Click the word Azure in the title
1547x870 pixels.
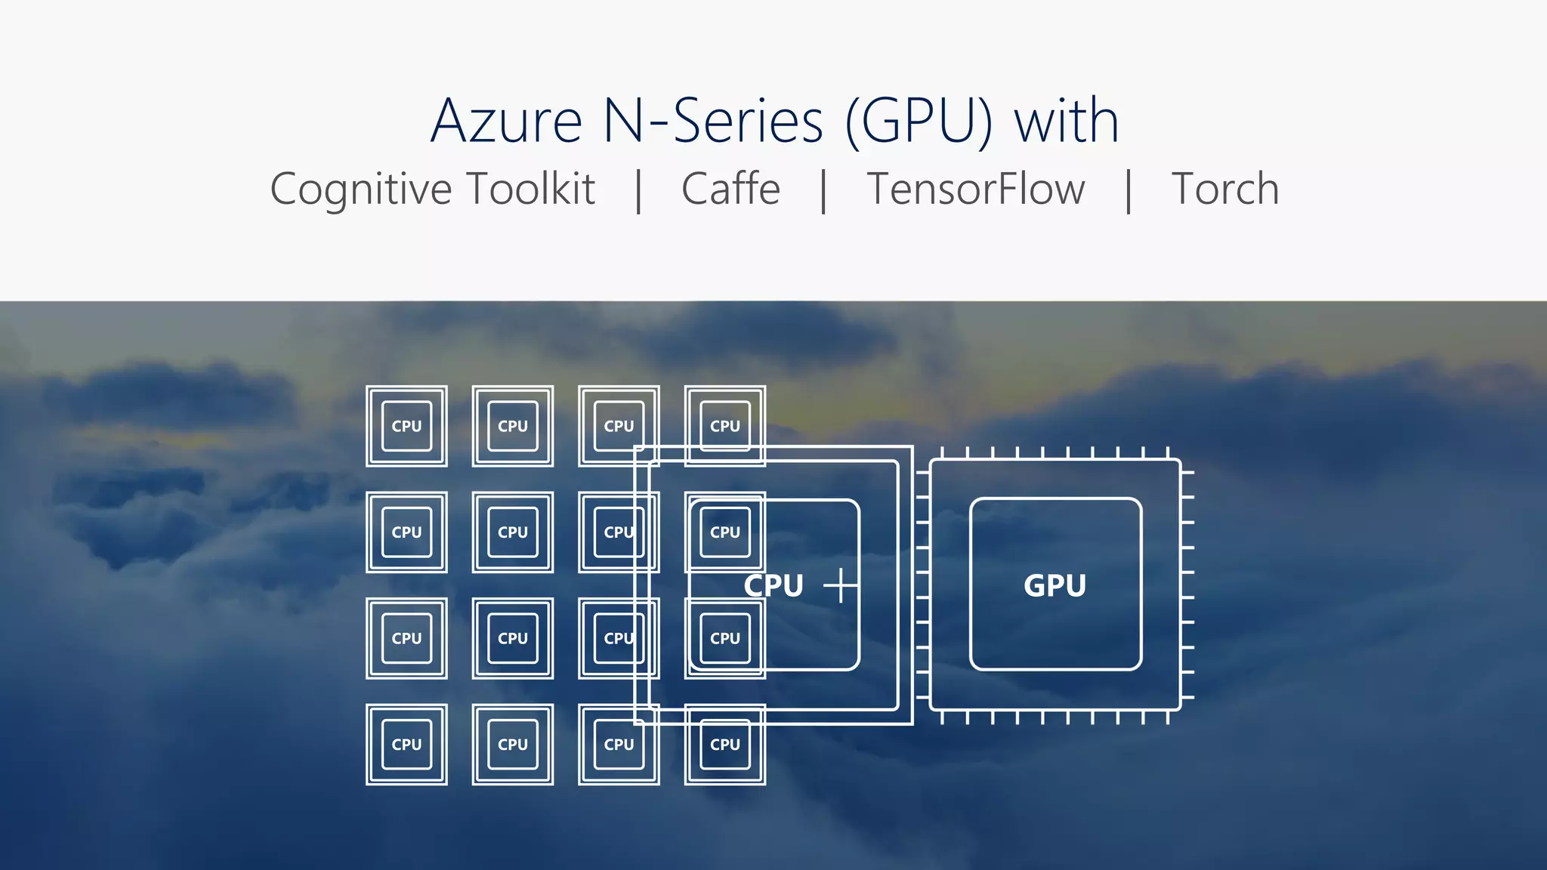click(x=506, y=121)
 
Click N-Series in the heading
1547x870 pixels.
click(x=713, y=121)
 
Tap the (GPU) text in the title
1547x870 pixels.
click(x=919, y=121)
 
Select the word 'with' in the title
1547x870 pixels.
click(x=1066, y=121)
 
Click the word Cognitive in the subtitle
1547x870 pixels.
click(x=361, y=189)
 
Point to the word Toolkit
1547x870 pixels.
click(x=531, y=189)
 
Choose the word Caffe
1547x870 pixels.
click(x=730, y=189)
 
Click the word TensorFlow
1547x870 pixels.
click(x=975, y=189)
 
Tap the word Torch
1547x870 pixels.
click(x=1224, y=189)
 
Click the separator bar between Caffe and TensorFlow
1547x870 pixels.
click(x=823, y=191)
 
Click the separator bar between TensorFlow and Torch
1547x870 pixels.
click(x=1129, y=191)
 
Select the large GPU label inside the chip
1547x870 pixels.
click(x=1054, y=585)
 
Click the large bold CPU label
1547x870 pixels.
click(x=773, y=585)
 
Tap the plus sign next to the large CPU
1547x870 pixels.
click(x=841, y=585)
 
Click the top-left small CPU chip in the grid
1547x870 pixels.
click(x=406, y=426)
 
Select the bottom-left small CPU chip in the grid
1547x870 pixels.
click(x=406, y=745)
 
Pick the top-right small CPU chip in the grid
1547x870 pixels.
click(x=725, y=426)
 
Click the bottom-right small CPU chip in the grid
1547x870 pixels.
click(x=725, y=745)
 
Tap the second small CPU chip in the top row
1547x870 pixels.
click(x=513, y=426)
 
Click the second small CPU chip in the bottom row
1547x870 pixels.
click(x=513, y=745)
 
